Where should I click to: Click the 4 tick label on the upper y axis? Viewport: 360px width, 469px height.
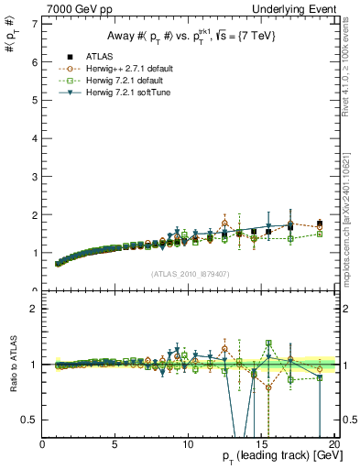[34, 137]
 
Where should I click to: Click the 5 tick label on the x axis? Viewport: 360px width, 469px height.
[115, 444]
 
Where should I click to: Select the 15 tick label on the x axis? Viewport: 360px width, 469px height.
[259, 444]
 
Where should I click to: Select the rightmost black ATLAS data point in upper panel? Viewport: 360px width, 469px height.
[319, 224]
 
